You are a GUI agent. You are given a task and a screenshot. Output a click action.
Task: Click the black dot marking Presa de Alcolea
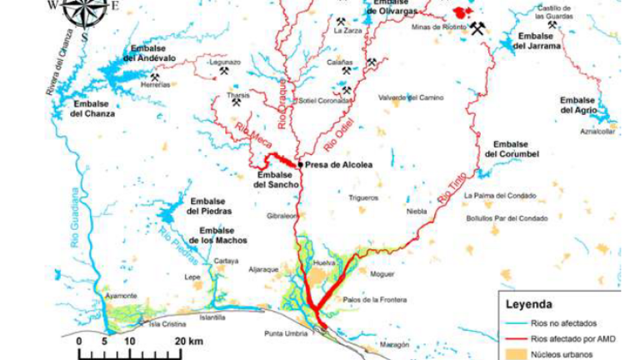(300, 165)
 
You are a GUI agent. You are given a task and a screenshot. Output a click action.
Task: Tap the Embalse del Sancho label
(274, 180)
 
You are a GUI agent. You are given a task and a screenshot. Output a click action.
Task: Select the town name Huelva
(323, 264)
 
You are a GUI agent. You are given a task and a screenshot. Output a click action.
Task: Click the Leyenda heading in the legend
(530, 305)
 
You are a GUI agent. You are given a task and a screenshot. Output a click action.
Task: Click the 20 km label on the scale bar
(184, 342)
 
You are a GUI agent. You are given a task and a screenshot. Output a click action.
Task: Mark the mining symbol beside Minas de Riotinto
(477, 30)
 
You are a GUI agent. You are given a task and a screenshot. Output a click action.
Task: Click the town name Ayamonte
(122, 297)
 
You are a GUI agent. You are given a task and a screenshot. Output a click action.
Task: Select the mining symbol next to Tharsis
(237, 102)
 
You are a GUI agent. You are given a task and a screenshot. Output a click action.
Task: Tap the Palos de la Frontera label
(374, 299)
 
